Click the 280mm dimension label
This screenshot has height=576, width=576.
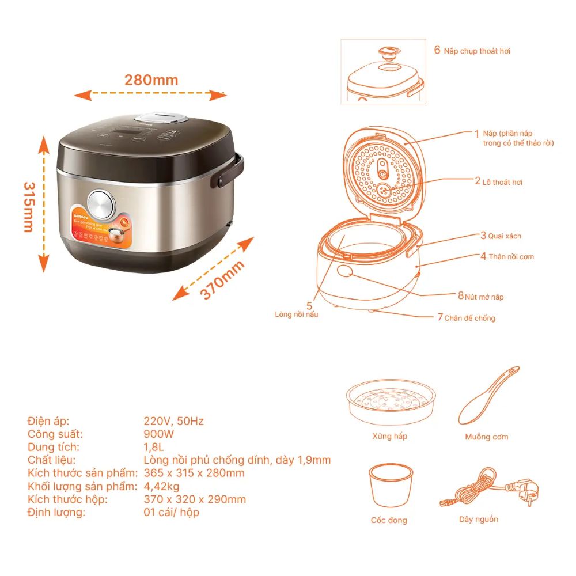(151, 79)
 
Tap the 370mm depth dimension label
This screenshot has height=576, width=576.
(222, 280)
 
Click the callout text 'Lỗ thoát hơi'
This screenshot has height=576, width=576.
(502, 182)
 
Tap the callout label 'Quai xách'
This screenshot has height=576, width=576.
(505, 236)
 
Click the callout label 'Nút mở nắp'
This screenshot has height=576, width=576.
(484, 296)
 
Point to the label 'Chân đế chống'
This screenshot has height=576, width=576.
(469, 317)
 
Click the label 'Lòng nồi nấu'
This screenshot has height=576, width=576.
(297, 314)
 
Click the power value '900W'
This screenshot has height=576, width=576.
(158, 434)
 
